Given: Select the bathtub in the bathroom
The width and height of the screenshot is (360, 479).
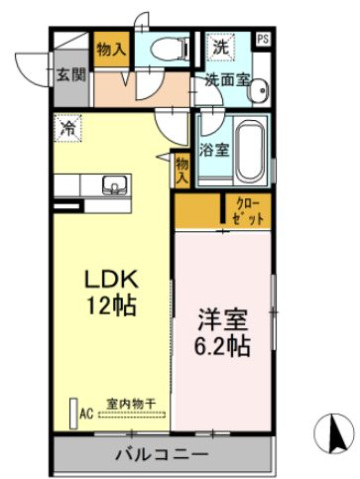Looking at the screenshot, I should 246,151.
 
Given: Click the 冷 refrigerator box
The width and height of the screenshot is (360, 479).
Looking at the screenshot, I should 68,128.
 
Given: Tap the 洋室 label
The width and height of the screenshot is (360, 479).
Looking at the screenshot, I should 222,322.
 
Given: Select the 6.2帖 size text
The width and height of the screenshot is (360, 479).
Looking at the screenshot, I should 222,348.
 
